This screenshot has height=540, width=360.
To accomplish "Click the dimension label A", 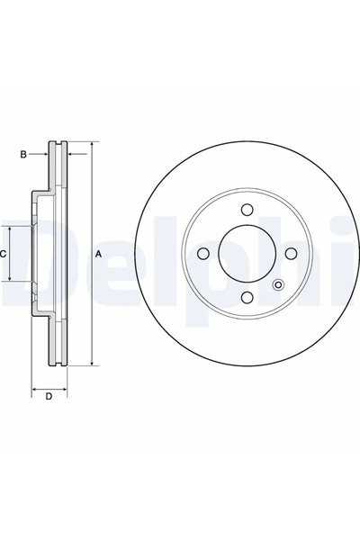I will point(99,255).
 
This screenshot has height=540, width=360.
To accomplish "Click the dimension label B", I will point(23,155).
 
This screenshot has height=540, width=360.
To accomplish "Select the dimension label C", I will point(4,255).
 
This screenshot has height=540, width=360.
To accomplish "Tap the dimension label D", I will point(49,396).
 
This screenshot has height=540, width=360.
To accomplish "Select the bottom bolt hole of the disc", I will point(246,299).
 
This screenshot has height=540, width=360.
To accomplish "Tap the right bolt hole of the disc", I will point(290,254).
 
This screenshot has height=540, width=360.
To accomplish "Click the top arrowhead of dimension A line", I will point(92,145).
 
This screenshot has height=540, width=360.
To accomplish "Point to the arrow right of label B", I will point(45,155).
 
